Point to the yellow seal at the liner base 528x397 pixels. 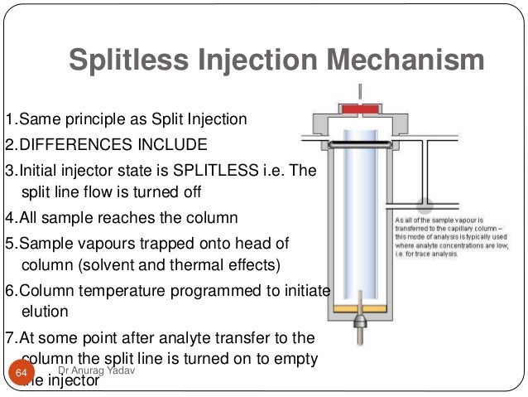[358, 308]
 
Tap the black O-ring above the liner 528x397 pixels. [358, 143]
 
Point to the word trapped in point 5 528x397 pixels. [150, 245]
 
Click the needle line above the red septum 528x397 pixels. [358, 92]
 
